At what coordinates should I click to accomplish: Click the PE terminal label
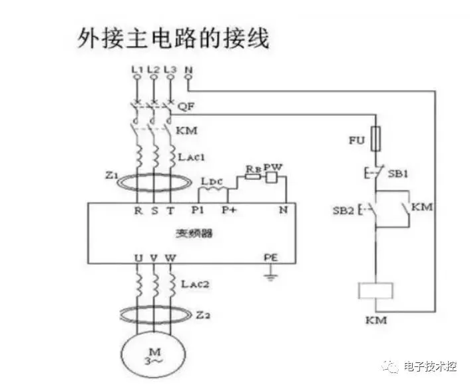(x=271, y=256)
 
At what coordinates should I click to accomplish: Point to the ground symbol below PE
(x=271, y=272)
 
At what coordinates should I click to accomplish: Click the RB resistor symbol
(x=252, y=178)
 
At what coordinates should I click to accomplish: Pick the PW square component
(x=272, y=177)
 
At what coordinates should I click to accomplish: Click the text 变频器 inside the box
(x=189, y=234)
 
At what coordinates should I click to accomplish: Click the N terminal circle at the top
(x=188, y=78)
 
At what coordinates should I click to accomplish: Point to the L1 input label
(x=136, y=69)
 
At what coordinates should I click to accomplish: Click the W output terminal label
(x=171, y=256)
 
